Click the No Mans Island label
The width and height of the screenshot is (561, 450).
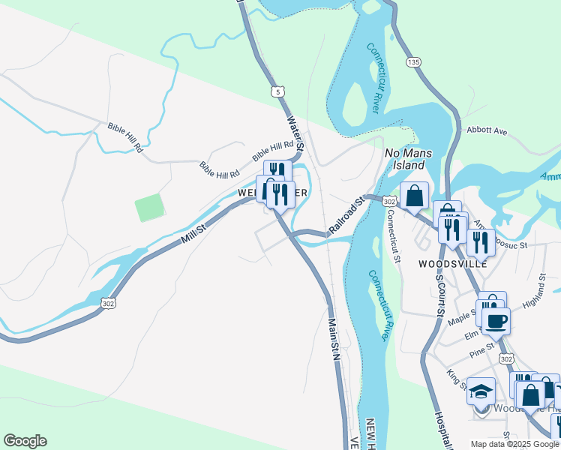pyautogui.click(x=405, y=158)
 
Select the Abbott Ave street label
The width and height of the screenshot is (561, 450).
pyautogui.click(x=487, y=130)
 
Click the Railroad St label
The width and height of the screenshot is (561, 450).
pyautogui.click(x=347, y=214)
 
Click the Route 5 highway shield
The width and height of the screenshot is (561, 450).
pyautogui.click(x=278, y=91)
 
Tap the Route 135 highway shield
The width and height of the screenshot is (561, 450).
pyautogui.click(x=412, y=61)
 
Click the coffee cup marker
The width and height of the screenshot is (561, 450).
pyautogui.click(x=496, y=322)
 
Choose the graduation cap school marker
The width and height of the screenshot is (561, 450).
pyautogui.click(x=481, y=391)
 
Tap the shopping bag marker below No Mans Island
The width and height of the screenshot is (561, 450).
pyautogui.click(x=414, y=197)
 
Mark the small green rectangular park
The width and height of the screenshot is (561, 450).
pyautogui.click(x=149, y=208)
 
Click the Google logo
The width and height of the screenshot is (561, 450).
pyautogui.click(x=25, y=441)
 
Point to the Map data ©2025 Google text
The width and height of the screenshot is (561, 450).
pyautogui.click(x=514, y=444)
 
